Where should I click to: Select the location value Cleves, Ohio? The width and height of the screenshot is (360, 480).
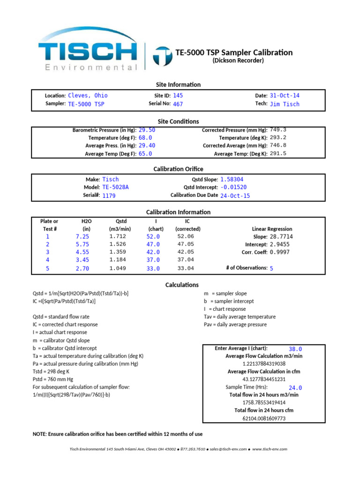(88, 95)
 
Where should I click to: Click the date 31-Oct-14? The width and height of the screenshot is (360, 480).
(285, 95)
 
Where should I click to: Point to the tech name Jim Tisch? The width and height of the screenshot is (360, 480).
(285, 104)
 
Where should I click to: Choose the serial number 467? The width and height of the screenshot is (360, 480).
(178, 104)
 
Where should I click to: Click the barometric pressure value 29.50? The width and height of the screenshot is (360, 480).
(147, 130)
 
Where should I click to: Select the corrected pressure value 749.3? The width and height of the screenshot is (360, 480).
(278, 130)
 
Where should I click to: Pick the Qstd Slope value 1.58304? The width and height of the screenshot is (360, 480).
(232, 179)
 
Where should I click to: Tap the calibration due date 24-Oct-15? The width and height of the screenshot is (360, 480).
(235, 195)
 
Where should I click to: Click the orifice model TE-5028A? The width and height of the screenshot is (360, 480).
(115, 187)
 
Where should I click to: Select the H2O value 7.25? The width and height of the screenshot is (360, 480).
(82, 237)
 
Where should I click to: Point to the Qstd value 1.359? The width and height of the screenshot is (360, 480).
(117, 252)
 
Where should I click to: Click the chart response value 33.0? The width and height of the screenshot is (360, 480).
(153, 269)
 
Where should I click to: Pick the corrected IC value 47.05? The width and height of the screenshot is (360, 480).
(185, 244)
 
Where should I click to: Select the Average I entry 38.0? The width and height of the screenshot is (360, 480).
(295, 349)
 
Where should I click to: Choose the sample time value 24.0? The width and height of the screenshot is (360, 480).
(295, 388)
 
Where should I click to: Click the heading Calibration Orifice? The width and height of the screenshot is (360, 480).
(179, 169)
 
